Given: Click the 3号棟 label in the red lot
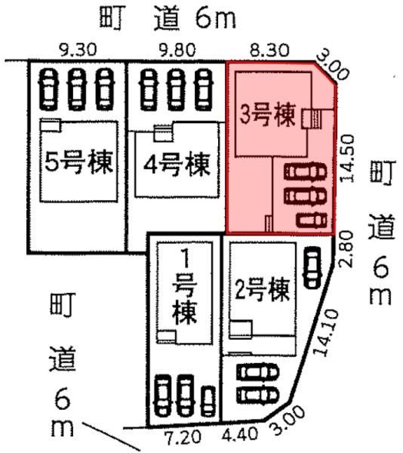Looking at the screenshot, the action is click(x=268, y=116).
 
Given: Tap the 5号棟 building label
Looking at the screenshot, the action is click(x=78, y=162).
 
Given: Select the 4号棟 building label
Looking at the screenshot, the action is click(x=177, y=165).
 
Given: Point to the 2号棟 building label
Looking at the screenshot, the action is click(x=262, y=290).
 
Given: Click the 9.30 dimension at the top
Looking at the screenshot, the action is click(x=78, y=50).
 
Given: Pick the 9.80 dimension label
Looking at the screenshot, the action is click(x=177, y=50).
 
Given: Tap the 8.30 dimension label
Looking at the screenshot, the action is click(x=270, y=50).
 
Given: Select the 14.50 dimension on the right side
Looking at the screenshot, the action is click(x=347, y=159).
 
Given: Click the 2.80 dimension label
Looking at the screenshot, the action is click(x=347, y=249).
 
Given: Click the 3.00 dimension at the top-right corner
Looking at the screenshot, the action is click(x=333, y=67).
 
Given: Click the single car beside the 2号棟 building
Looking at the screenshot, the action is click(x=312, y=267).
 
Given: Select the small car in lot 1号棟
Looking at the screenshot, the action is click(x=208, y=401).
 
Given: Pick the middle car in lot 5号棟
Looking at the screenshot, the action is click(x=76, y=90).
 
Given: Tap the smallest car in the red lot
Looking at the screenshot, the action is click(x=312, y=221).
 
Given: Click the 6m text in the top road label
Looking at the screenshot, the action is click(x=215, y=18).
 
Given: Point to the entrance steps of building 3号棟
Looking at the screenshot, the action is click(x=316, y=119).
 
